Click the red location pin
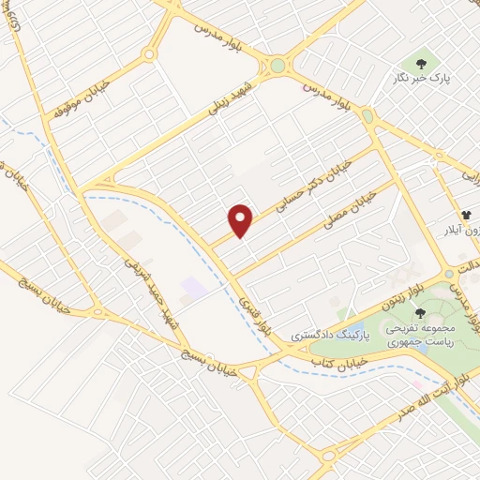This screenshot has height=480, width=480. tap(242, 218)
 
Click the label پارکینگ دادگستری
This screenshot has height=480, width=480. tap(330, 334)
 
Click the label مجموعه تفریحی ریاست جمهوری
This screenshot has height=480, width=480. tap(430, 337)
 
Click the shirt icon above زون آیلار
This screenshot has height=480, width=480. tap(466, 214)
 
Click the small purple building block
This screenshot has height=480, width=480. tap(193, 288)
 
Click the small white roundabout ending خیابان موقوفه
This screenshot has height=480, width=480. tap(148, 55)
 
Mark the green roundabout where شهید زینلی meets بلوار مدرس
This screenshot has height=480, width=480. tap(277, 66)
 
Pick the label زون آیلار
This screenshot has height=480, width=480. tap(459, 229)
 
